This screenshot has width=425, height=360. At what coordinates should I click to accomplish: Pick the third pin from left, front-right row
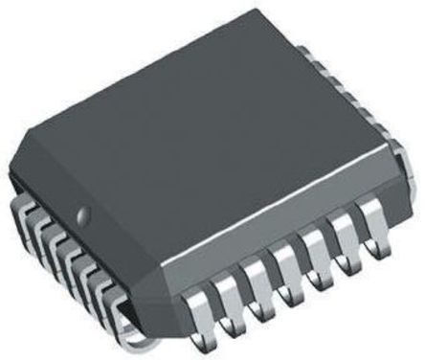(x=257, y=285)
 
